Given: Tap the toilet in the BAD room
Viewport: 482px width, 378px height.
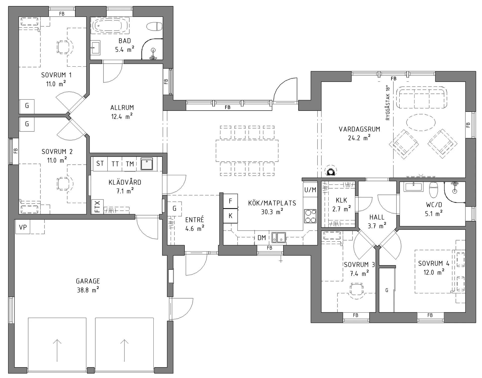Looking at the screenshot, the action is click(x=154, y=26).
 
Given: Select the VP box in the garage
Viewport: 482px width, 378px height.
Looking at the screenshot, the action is click(x=23, y=227).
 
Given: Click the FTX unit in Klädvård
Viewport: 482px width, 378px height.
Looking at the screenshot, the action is click(x=97, y=207).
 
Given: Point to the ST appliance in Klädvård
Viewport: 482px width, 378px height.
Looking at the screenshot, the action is click(x=100, y=164).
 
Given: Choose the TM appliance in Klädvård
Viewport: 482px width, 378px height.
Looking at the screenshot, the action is click(x=130, y=164).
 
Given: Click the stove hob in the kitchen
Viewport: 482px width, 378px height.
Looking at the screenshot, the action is click(x=310, y=216).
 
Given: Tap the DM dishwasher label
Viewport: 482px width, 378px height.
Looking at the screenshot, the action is click(x=262, y=238).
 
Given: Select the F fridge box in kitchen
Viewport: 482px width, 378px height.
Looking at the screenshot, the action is click(x=230, y=201).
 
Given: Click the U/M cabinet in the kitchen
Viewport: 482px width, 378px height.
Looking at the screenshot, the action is click(x=310, y=190).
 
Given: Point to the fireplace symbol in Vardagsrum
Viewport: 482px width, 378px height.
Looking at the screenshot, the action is click(x=331, y=171).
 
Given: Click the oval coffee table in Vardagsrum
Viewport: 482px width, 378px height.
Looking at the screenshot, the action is click(x=421, y=122).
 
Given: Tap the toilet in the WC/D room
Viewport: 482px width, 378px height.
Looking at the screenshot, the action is click(x=434, y=190).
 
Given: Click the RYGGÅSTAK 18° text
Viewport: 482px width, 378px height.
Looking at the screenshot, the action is click(x=388, y=103).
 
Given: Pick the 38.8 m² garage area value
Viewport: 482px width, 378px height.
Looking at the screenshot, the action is click(x=88, y=290).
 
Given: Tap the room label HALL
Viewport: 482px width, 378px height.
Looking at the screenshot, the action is click(x=377, y=217).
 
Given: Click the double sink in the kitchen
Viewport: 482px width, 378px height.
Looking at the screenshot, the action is click(x=279, y=238).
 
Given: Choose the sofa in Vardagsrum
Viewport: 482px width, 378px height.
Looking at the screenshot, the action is click(x=422, y=97).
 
